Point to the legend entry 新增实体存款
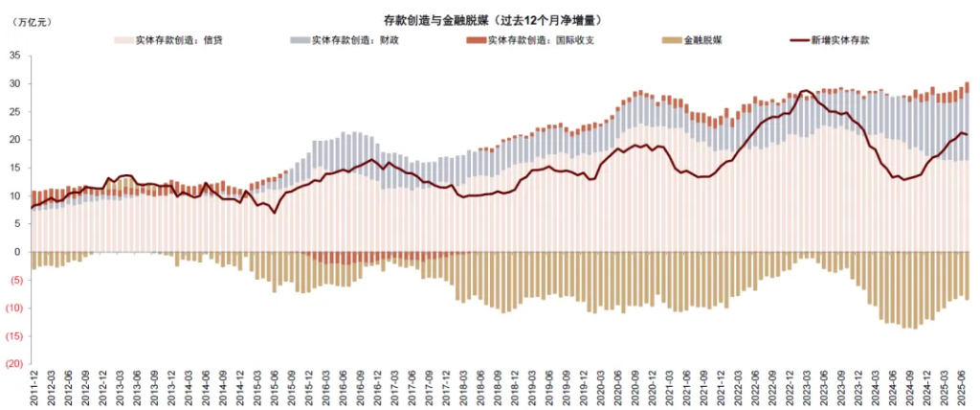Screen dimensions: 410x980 pos(831,40)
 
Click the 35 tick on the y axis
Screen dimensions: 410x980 pos(14,56)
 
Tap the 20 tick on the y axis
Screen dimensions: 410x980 pos(14,140)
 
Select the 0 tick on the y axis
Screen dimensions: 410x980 pos(17,252)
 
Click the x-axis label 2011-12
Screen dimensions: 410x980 pos(35,388)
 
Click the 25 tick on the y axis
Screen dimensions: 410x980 pos(14,112)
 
